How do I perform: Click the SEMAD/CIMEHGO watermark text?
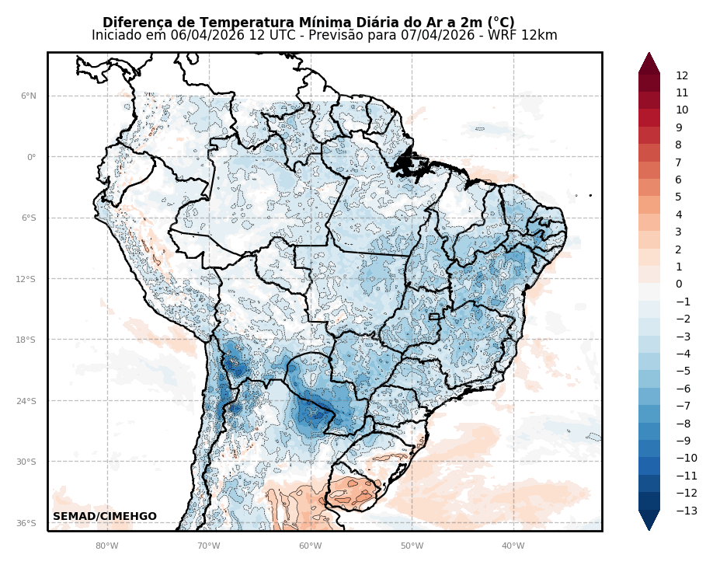[105, 517]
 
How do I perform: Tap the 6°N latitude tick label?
[29, 96]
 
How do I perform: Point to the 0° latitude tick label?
[32, 157]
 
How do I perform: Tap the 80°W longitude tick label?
[107, 546]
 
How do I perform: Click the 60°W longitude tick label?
[310, 546]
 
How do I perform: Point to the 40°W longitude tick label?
[513, 546]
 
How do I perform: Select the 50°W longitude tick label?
[412, 546]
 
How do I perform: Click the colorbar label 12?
[682, 76]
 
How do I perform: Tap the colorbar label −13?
[685, 511]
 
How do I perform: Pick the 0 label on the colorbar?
[679, 284]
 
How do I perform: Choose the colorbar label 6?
[679, 180]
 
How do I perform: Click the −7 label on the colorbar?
[683, 406]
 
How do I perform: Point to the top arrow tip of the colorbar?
[649, 54]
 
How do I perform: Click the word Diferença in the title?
[135, 23]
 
